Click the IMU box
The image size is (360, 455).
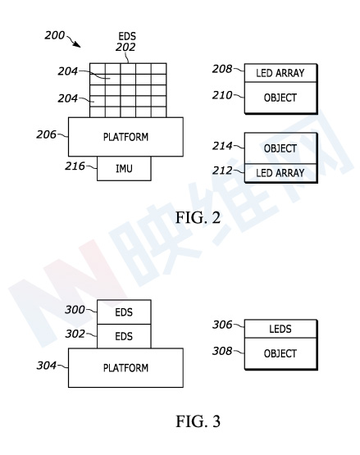(124, 168)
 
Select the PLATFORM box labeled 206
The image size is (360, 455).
(125, 137)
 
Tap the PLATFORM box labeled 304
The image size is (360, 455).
(125, 367)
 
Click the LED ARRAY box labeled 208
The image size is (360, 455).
(280, 73)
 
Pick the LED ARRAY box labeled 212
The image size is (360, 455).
(280, 173)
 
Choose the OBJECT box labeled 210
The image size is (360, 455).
(280, 98)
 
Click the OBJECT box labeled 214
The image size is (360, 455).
(280, 148)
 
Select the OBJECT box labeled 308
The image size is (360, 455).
(280, 353)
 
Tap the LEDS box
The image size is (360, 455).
(280, 329)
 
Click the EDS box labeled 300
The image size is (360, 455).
(124, 312)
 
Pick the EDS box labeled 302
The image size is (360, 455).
(124, 336)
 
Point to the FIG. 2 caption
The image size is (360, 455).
(198, 217)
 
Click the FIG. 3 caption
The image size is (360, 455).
(198, 421)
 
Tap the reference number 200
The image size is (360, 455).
(55, 35)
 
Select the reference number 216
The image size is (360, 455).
(75, 166)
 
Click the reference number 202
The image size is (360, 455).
(125, 47)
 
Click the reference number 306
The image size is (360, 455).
(222, 325)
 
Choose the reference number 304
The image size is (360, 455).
(46, 366)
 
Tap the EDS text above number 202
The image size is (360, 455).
(127, 36)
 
